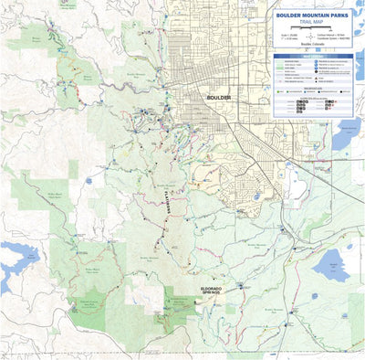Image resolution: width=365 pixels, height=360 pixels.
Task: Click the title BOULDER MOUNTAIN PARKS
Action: click(x=315, y=15)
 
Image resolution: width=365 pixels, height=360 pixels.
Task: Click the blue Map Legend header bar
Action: click(x=315, y=57)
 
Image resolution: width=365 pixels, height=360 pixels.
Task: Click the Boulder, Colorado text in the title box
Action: click(x=315, y=49)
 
